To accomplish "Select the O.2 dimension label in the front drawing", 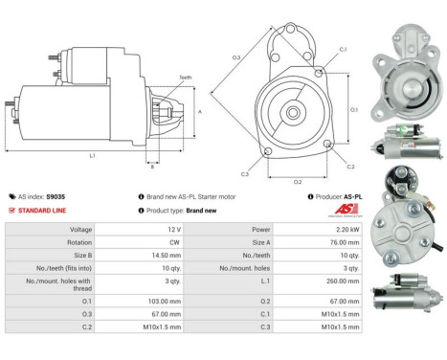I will click(298, 180).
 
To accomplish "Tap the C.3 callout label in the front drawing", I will click(245, 174).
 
